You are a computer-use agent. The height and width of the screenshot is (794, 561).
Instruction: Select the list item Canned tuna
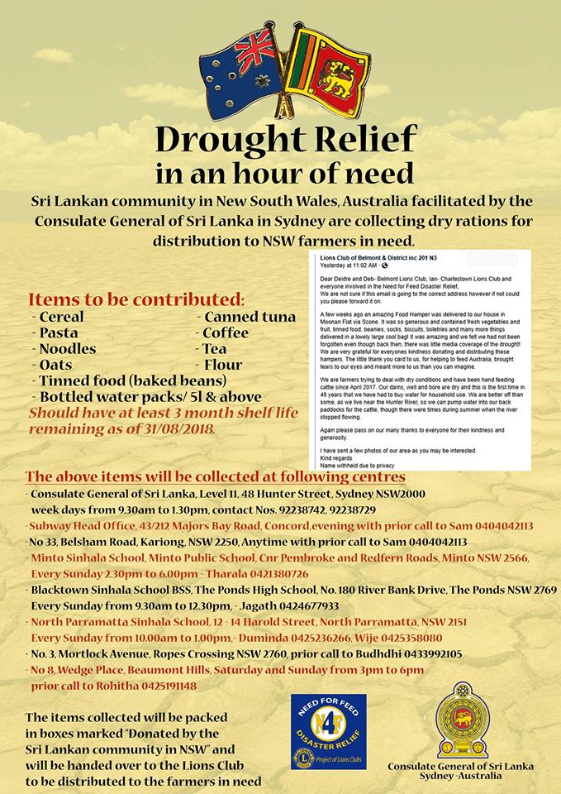click(x=245, y=317)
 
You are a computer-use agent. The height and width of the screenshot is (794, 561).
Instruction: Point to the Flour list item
click(x=222, y=364)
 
